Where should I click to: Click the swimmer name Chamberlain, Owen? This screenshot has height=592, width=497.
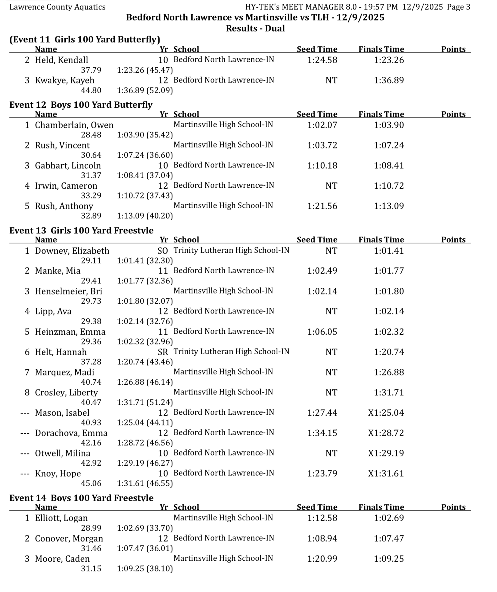[x=74, y=125]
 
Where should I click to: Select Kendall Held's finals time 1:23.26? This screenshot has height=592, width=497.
[x=389, y=60]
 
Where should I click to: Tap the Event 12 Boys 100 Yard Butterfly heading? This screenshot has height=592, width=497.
[x=81, y=105]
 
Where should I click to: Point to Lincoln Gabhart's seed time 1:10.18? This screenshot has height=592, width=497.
[x=322, y=166]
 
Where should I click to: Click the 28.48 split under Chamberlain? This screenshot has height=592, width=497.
[x=91, y=135]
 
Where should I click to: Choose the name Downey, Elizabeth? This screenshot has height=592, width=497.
[x=72, y=251]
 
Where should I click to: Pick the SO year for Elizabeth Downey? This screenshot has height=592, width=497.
[x=163, y=251]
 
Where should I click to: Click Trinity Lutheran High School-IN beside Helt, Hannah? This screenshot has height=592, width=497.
[x=231, y=352]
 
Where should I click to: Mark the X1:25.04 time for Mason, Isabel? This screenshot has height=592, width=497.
[x=386, y=413]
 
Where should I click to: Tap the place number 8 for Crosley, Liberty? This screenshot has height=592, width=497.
[x=27, y=393]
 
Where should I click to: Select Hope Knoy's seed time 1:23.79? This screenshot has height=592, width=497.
[x=322, y=474]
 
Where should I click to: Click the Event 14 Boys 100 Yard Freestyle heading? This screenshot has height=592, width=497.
[x=81, y=498]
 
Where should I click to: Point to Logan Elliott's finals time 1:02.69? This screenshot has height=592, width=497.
[x=389, y=518]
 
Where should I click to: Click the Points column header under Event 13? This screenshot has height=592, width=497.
[x=453, y=240]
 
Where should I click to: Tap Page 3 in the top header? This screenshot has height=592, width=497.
[x=458, y=7]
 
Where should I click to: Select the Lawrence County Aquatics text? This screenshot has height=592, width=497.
[x=57, y=7]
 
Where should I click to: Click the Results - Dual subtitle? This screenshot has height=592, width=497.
[x=255, y=29]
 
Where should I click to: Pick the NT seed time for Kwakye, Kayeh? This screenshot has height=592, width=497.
[x=331, y=80]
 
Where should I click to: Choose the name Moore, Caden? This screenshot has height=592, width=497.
[x=62, y=559]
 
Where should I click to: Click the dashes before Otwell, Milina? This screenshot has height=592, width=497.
[x=25, y=453]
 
